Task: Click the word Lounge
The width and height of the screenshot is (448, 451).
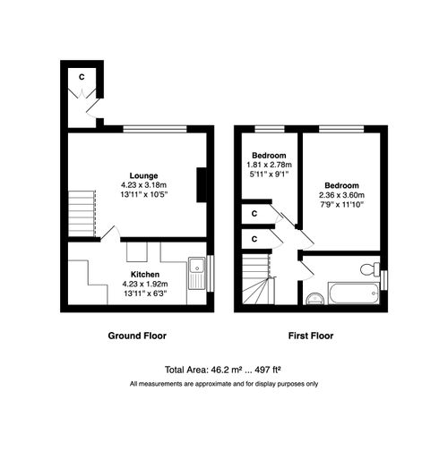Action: pos(143,175)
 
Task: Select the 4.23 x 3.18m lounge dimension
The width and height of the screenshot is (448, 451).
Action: pos(143,185)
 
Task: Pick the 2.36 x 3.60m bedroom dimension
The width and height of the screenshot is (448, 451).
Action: pos(343,194)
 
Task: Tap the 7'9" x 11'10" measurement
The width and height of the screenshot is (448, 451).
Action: pos(343,204)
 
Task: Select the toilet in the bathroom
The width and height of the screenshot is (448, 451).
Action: pos(369,269)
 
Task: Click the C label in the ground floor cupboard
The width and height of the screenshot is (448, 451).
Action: pos(81,77)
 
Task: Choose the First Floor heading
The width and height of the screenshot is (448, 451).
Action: pos(311,336)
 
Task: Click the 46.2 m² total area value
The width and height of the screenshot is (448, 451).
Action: pos(228,369)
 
